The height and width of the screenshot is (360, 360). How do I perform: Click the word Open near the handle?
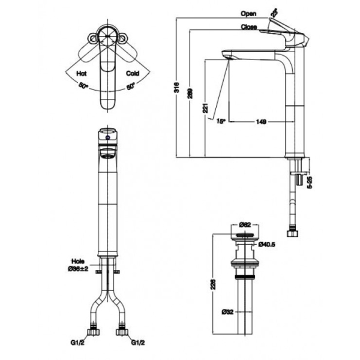coord(248,13)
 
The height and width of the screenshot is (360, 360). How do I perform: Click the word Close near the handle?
coord(249,27)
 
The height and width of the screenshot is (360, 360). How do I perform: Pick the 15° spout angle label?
coord(220,121)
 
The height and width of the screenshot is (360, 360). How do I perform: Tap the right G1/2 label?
coord(139,343)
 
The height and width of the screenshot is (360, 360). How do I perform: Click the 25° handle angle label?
coord(275,11)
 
